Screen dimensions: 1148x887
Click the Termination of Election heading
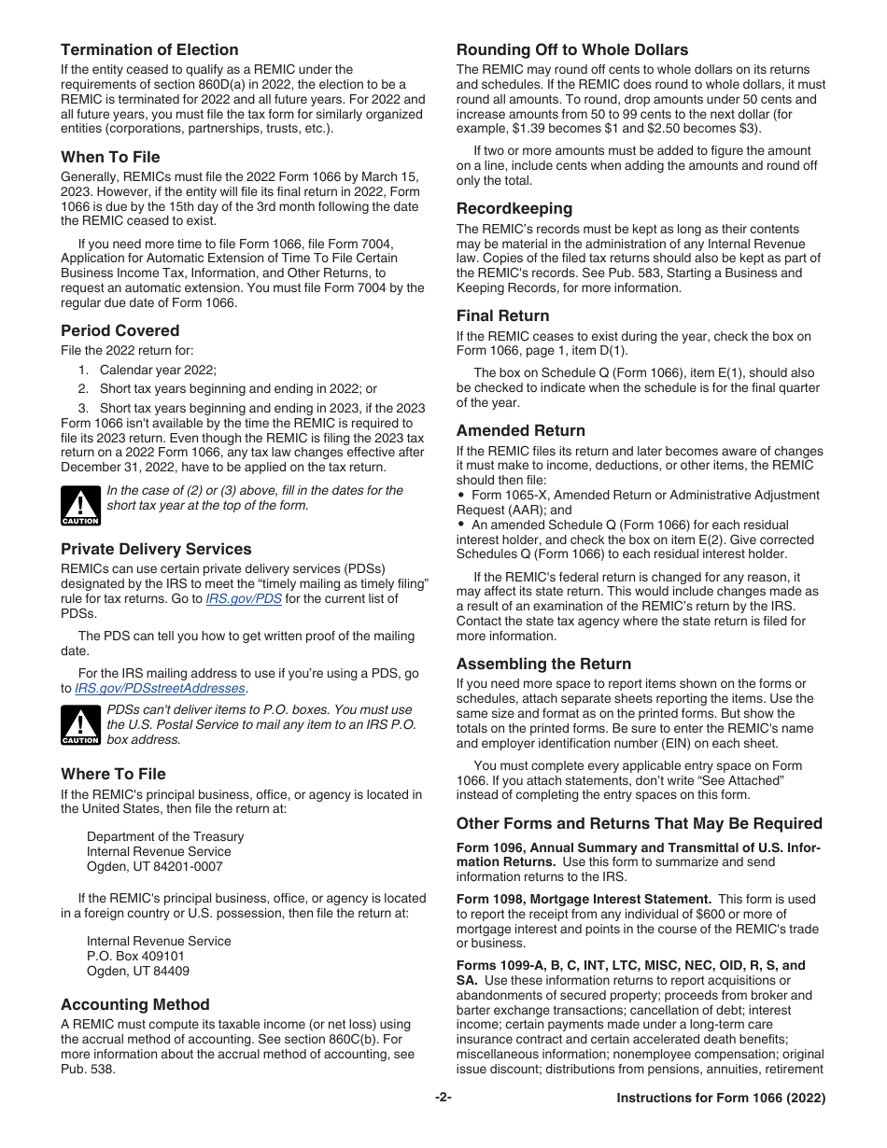(149, 50)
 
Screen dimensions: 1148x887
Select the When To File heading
(110, 157)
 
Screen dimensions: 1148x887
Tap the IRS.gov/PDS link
(243, 599)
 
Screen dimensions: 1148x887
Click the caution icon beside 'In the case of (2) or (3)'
(80, 506)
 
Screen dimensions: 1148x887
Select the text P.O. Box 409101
(135, 957)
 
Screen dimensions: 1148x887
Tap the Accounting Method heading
(134, 1005)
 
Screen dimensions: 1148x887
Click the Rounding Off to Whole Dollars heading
(571, 50)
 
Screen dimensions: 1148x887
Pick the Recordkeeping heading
(514, 209)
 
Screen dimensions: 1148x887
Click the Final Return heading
(502, 316)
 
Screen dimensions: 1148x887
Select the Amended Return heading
(520, 431)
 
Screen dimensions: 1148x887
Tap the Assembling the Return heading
(543, 665)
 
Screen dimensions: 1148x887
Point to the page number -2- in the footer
(443, 1099)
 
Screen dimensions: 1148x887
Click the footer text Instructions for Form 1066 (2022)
(720, 1099)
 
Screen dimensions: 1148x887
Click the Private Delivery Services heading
(156, 550)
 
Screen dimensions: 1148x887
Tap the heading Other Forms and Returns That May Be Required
(639, 824)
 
